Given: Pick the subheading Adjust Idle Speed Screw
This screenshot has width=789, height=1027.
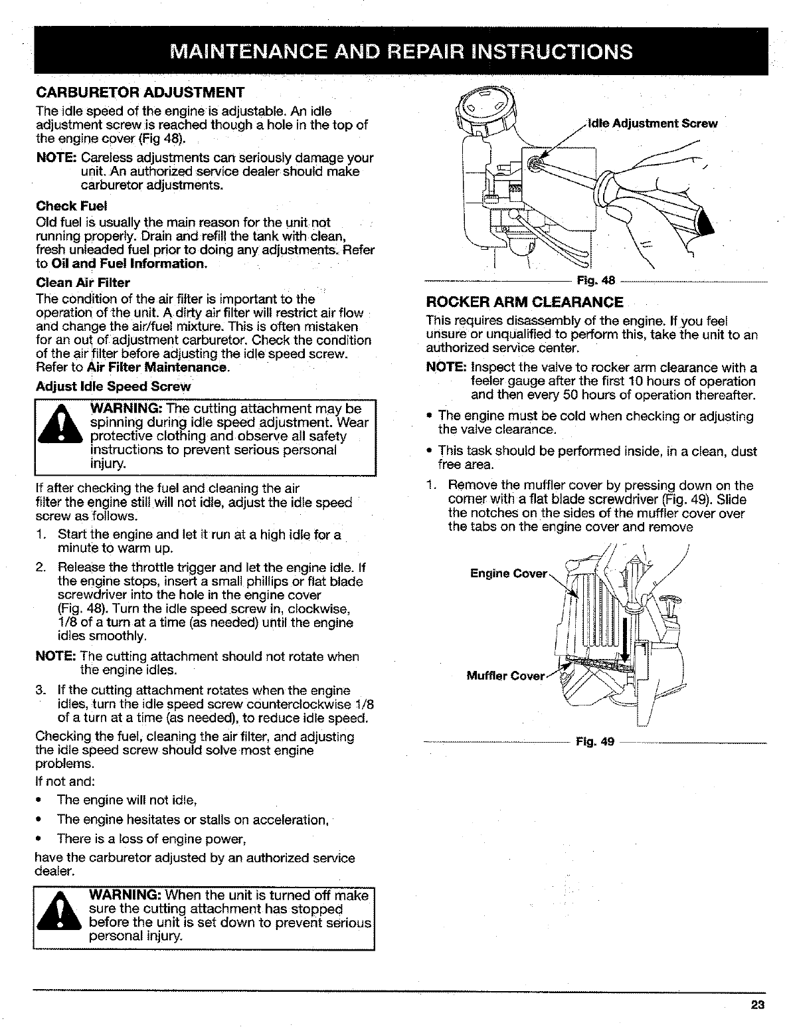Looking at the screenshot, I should point(113,387).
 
